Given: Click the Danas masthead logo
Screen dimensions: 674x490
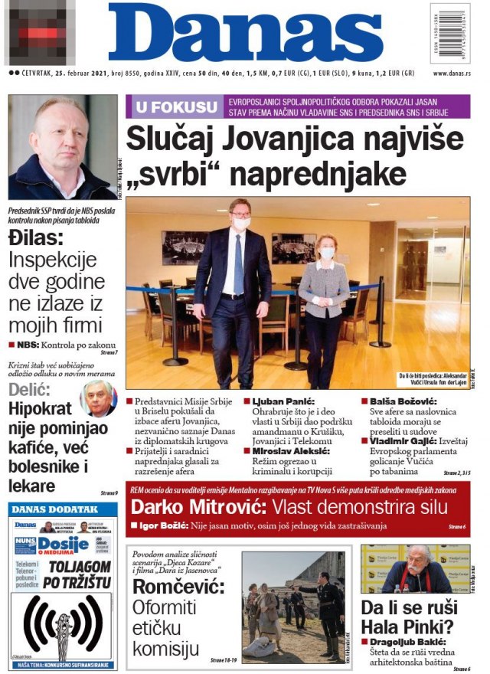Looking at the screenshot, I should [245, 34].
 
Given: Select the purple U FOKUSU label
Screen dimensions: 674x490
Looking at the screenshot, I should [175, 106].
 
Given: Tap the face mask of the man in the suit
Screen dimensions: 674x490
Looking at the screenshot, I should [240, 224].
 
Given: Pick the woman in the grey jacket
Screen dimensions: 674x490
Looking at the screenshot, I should [325, 299].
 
